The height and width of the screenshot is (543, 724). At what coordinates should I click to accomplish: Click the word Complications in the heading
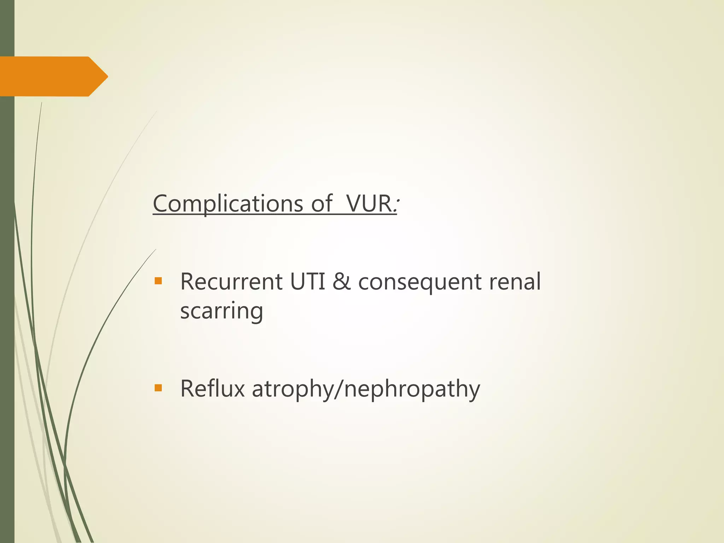coord(228,204)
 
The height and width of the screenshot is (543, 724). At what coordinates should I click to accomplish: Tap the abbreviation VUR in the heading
coord(368,204)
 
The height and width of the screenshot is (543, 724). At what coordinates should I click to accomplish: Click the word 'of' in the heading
coord(321,204)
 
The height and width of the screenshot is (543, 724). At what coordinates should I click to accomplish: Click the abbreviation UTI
coord(308,282)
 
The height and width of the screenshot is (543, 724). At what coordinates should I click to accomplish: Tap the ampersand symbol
coord(341,282)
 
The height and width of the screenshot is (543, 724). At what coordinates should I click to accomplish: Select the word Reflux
coord(212,389)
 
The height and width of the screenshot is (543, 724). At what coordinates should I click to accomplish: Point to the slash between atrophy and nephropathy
coord(339,389)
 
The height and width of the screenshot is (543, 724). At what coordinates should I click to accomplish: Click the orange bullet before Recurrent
coord(158,281)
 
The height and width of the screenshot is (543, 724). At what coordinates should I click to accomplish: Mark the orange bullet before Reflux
coord(158,388)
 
